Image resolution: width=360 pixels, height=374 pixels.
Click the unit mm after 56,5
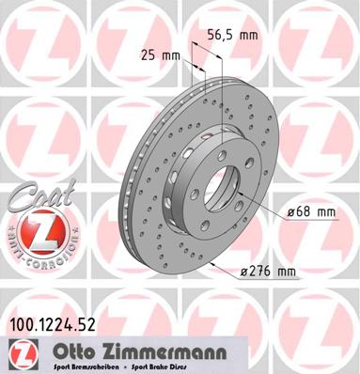pyautogui.click(x=248, y=34)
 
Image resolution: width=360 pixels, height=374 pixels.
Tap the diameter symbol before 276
pyautogui.click(x=244, y=273)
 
